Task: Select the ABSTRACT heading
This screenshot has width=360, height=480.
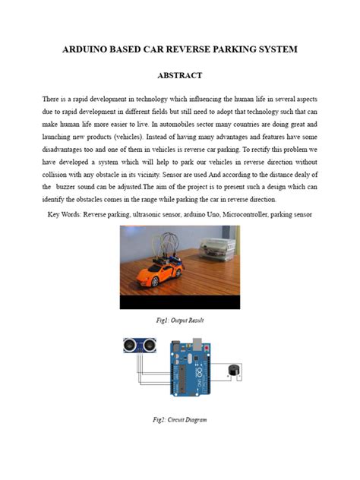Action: click(x=179, y=77)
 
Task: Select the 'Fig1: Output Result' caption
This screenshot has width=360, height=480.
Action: click(x=179, y=321)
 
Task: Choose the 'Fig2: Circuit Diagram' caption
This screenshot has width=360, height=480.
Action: click(x=179, y=419)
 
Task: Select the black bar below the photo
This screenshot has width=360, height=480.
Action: click(x=179, y=302)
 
